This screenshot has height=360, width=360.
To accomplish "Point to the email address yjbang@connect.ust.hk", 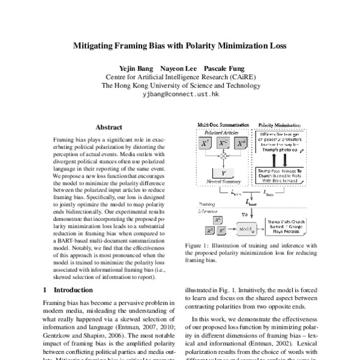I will coord(180,95).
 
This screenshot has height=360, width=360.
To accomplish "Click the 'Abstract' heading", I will coord(109,127).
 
